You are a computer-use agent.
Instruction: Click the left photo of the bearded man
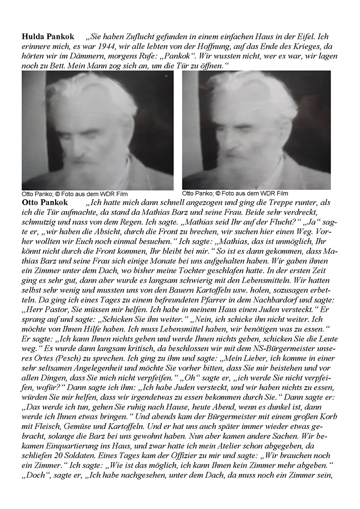coord(97,130)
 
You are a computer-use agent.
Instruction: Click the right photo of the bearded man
coord(257,130)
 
